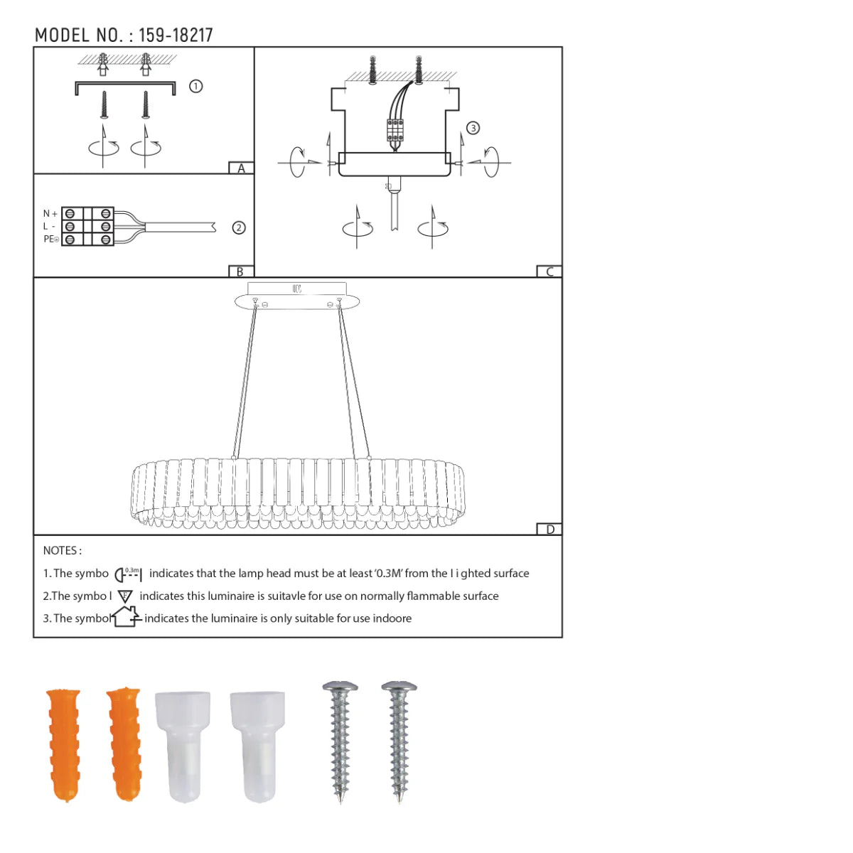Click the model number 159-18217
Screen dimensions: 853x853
point(176,36)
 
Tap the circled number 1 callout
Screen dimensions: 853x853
point(196,86)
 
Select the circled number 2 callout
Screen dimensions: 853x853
point(239,228)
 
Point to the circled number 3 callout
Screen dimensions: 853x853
point(473,128)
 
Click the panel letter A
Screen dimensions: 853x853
point(242,168)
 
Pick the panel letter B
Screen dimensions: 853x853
point(240,272)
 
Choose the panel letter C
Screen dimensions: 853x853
point(549,272)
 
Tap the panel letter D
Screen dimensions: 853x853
point(549,530)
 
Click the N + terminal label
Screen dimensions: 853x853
point(50,213)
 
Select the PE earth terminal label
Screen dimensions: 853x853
point(50,240)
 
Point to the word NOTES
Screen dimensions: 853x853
point(62,551)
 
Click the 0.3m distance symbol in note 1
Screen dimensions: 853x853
point(129,574)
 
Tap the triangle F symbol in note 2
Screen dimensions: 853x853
point(125,596)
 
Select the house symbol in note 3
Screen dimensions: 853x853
point(126,616)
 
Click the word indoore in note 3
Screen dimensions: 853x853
point(392,618)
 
